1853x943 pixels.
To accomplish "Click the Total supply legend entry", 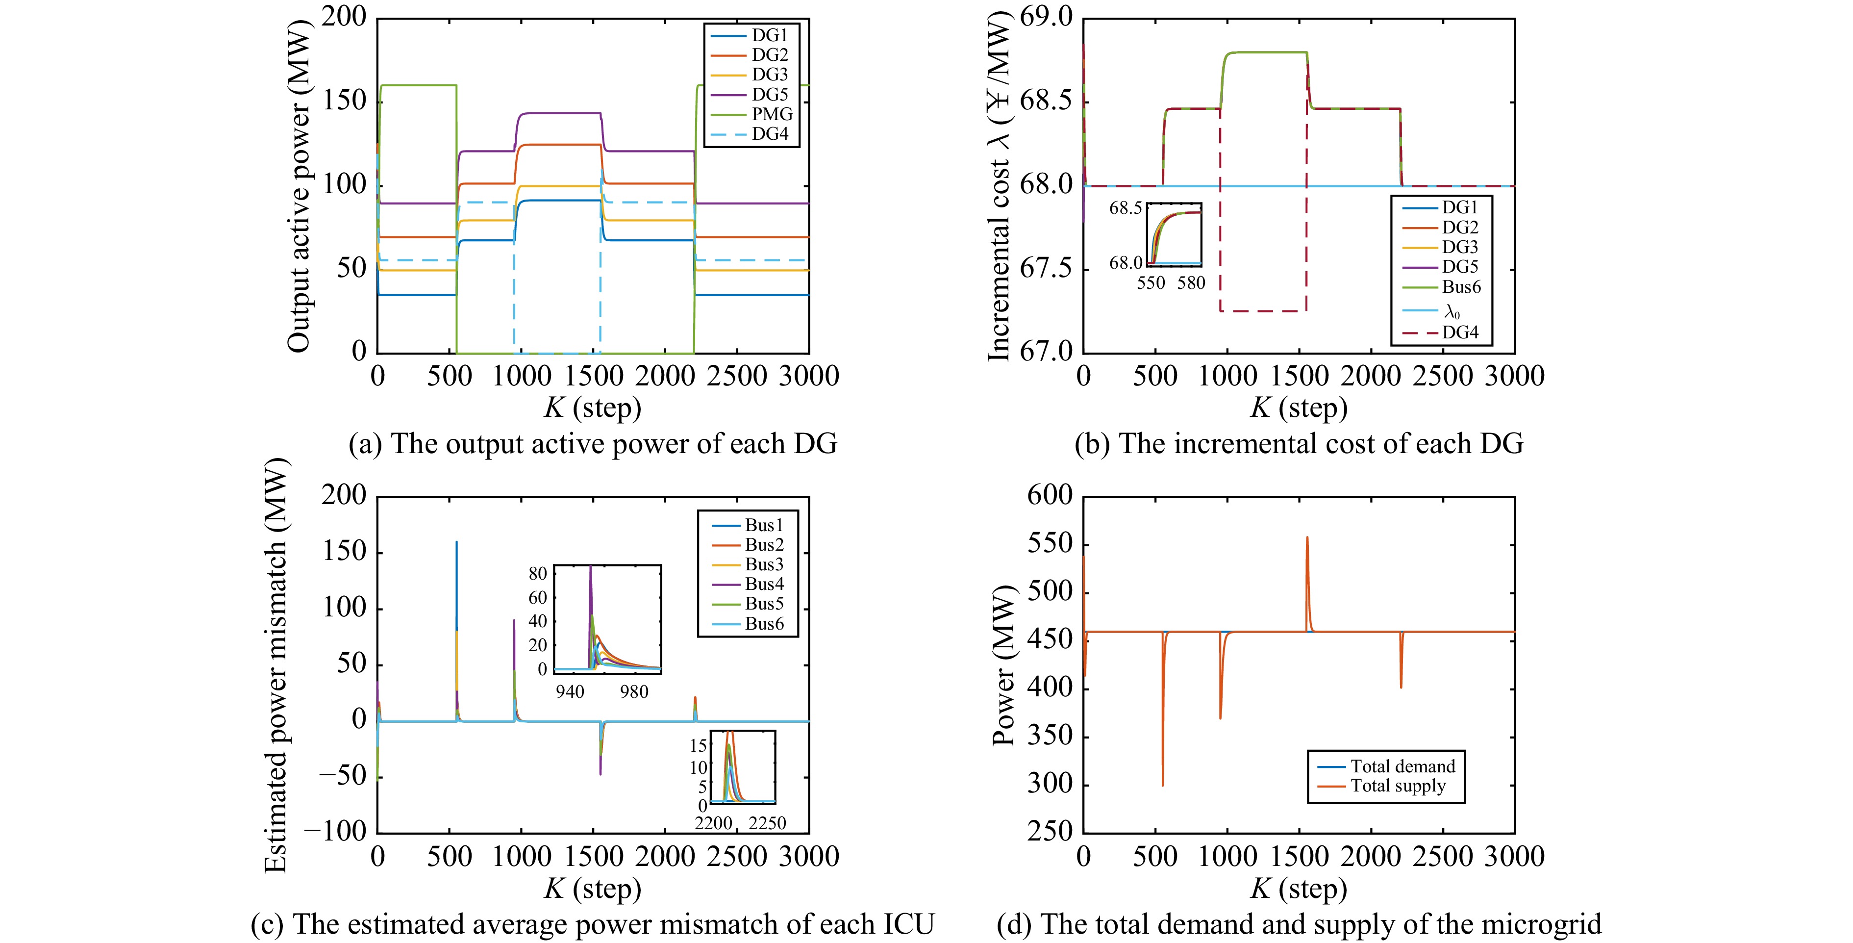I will point(1398,786).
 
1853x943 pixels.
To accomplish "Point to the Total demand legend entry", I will point(1402,766).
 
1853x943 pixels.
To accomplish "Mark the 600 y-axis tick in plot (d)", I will point(1050,496).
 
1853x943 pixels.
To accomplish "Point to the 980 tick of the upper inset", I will point(634,692).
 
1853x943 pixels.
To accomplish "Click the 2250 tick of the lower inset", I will point(767,823).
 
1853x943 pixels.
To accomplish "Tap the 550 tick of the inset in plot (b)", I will point(1151,283).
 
